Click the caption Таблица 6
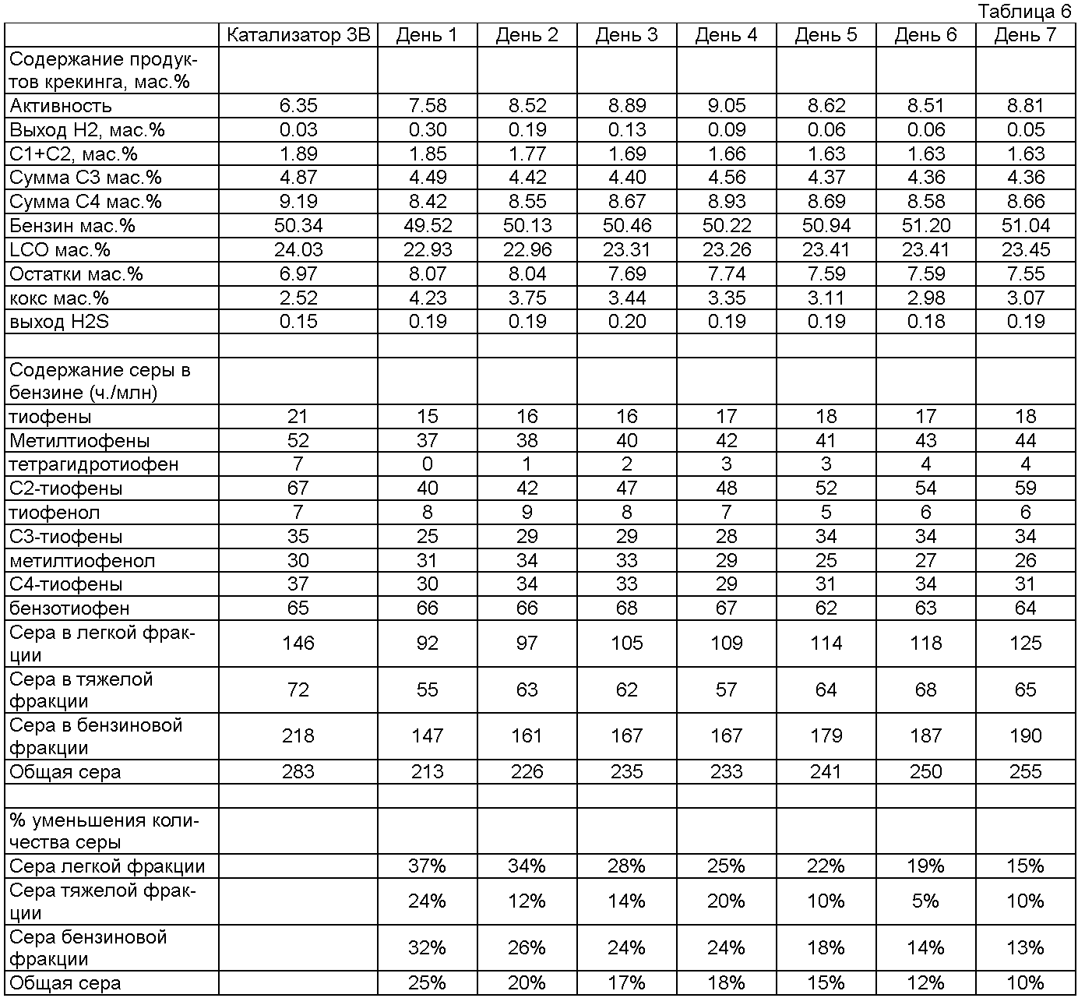click(1024, 11)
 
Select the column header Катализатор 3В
click(298, 35)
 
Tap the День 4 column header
click(726, 35)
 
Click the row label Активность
click(61, 106)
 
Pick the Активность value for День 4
click(726, 106)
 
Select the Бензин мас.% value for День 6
click(925, 226)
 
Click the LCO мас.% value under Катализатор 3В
click(298, 250)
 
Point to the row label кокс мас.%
click(59, 298)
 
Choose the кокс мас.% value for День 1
click(427, 298)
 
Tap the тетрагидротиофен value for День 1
click(427, 464)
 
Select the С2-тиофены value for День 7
click(1025, 488)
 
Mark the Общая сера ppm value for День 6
click(925, 771)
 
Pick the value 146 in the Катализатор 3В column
click(298, 643)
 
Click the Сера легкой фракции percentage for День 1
click(427, 866)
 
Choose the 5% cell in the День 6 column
click(925, 901)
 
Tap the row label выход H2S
click(59, 322)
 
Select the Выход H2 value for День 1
click(427, 130)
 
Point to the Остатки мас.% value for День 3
click(626, 274)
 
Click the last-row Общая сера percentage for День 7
click(1025, 982)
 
